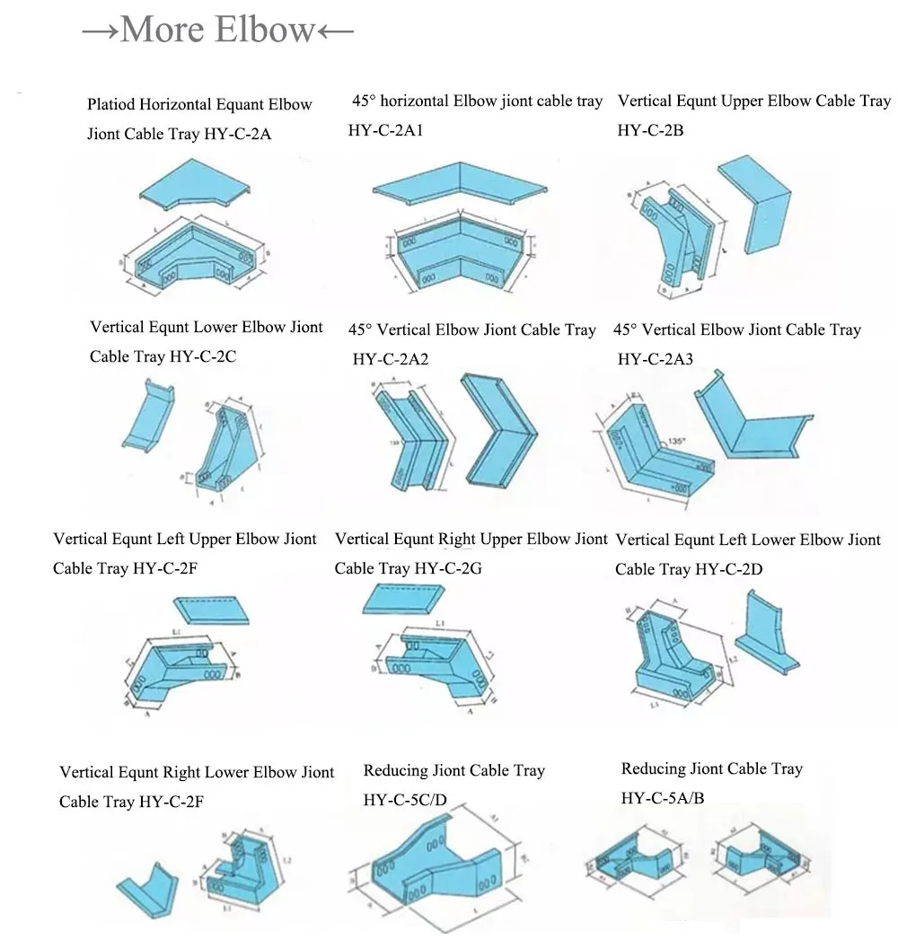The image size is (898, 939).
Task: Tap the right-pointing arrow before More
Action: pos(100,31)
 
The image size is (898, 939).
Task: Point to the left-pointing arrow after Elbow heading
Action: pos(335,31)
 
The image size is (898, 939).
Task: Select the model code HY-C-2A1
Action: pos(385,130)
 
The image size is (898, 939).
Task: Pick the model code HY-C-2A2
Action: pos(391,359)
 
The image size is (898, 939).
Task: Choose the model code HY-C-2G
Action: pos(448,568)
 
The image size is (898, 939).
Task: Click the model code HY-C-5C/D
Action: pos(404,799)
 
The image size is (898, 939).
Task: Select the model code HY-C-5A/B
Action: pos(663,797)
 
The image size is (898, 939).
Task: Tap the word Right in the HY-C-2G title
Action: pos(457,540)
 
